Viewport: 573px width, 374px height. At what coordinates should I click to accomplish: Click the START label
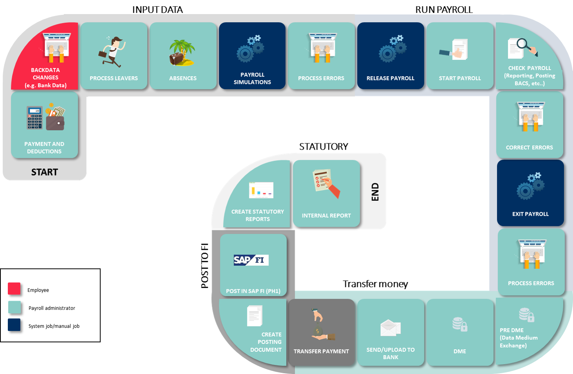[x=45, y=172]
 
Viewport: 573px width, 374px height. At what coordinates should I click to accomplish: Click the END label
[x=375, y=192]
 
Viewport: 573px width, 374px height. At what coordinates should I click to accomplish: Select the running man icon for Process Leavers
[x=112, y=52]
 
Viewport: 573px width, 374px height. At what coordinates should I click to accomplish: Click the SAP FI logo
[x=251, y=260]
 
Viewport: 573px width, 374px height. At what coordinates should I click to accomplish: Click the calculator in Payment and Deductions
[x=35, y=117]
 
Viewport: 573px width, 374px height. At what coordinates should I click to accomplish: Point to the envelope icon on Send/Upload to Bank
[x=390, y=328]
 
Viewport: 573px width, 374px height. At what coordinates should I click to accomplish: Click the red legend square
[x=14, y=288]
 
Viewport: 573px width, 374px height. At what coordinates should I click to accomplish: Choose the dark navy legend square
[x=14, y=325]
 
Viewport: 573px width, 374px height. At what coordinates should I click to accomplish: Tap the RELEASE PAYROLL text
[x=390, y=78]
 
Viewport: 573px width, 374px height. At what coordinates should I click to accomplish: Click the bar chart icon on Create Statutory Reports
[x=261, y=190]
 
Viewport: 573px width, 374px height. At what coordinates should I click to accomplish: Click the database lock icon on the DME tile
[x=460, y=324]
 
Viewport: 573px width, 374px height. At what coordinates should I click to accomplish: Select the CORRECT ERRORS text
[x=529, y=148]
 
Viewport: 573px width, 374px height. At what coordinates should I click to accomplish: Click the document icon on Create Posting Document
[x=255, y=316]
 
